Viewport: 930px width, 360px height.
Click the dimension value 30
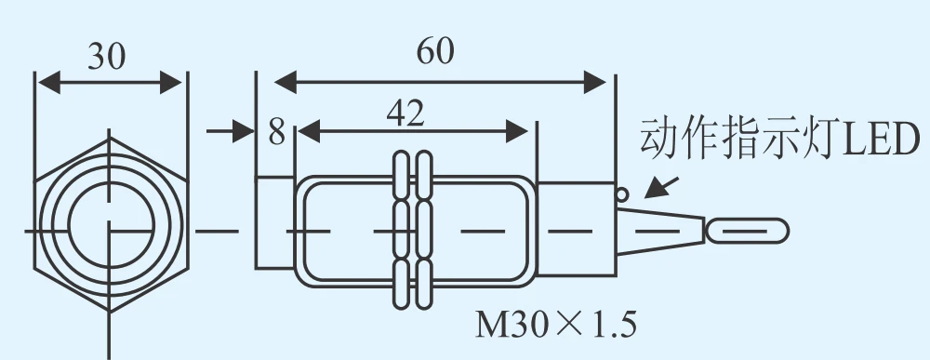click(107, 57)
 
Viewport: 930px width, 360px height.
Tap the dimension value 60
click(435, 51)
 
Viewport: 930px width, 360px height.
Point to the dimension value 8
click(276, 132)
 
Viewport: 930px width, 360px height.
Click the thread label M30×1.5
click(556, 325)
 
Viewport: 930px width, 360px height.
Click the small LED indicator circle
click(621, 193)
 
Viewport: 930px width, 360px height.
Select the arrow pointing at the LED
click(660, 187)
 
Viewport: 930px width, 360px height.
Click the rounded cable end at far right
click(748, 232)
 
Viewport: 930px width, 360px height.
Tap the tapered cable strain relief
click(660, 232)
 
